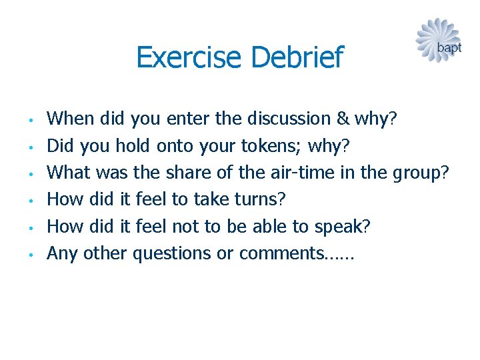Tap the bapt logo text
449,48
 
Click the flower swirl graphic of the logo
434,39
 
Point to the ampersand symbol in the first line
343,119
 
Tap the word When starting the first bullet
71,119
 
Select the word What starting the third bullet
69,172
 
